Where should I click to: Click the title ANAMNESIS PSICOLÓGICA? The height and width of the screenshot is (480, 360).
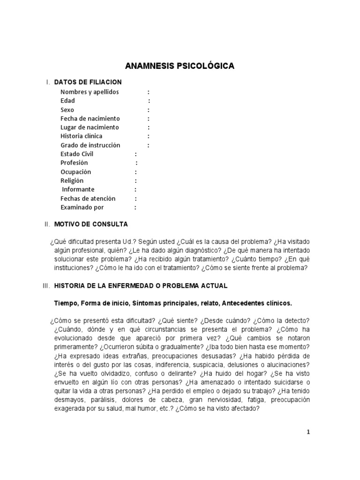(180, 67)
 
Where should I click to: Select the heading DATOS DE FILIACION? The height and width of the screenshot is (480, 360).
(88, 82)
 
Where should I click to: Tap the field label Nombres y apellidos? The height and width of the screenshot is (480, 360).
(90, 92)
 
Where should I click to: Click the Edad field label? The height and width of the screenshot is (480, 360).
(67, 101)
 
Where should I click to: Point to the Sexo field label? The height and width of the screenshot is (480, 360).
(67, 110)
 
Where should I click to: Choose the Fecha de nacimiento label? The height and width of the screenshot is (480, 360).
(90, 119)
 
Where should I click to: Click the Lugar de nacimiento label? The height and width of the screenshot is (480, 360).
(90, 127)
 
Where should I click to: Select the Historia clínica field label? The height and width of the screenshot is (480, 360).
(81, 136)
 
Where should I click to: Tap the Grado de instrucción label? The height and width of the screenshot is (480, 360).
(90, 145)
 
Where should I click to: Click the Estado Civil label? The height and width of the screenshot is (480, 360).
(77, 154)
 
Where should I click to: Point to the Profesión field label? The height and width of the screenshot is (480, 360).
(74, 163)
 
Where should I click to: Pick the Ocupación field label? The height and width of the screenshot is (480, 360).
(75, 172)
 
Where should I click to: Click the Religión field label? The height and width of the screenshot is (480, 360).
(72, 181)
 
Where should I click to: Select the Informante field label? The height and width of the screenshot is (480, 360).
(78, 190)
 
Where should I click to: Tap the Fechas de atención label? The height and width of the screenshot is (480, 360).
(88, 199)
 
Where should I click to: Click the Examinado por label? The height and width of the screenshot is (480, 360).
(82, 208)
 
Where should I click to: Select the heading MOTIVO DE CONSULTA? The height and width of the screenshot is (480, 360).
(91, 225)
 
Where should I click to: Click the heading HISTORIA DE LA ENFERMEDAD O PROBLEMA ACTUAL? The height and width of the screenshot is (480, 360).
(141, 285)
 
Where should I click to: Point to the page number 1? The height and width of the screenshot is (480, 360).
(308, 433)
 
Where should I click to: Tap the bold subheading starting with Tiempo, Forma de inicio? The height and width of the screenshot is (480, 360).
(173, 303)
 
